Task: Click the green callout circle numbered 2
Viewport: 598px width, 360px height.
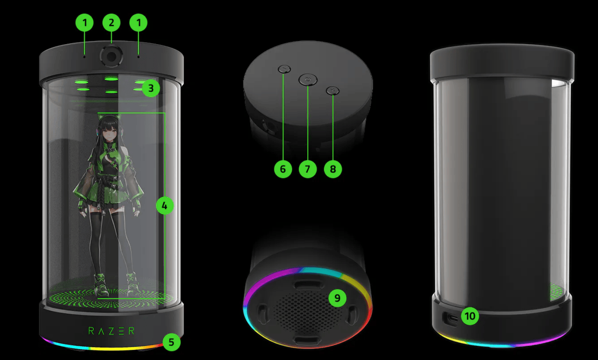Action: pos(111,23)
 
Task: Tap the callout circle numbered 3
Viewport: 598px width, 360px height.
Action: pos(151,88)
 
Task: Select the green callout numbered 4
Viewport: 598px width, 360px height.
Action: pos(165,205)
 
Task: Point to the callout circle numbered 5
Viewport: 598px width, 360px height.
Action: pos(171,342)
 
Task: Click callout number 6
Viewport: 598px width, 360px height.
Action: pos(283,169)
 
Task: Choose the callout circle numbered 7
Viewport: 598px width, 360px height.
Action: pos(308,169)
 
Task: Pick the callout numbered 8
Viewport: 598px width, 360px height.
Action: pos(333,169)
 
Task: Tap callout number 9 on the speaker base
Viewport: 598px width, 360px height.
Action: pos(337,298)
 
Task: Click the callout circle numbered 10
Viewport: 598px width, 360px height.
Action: pos(470,316)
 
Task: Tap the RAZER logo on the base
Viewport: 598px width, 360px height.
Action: pos(111,331)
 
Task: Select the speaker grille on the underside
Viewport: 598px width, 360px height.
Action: pos(307,311)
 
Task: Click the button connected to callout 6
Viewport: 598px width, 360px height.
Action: pos(284,69)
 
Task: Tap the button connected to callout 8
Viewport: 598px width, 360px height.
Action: pos(333,91)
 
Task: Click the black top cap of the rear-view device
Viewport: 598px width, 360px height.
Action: pos(502,63)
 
